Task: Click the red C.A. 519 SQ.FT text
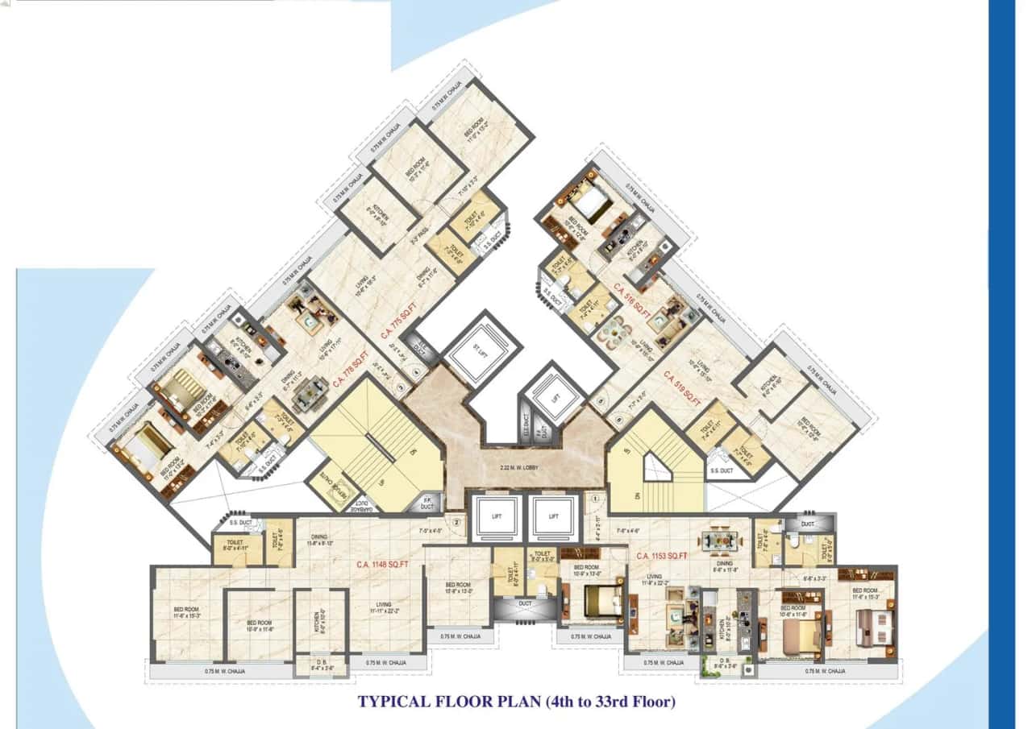[x=684, y=385]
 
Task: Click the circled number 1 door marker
[x=594, y=499]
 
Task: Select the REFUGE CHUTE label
[x=329, y=486]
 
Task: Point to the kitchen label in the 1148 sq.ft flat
[x=322, y=621]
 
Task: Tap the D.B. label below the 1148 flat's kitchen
[x=320, y=665]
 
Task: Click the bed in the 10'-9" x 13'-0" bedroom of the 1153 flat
[x=601, y=601]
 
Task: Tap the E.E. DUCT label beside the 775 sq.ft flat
[x=418, y=346]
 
